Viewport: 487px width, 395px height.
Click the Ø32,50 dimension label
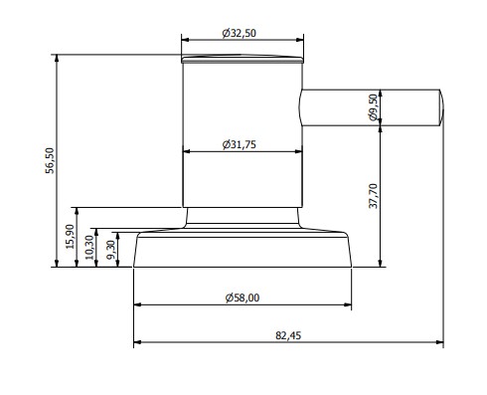[x=240, y=33]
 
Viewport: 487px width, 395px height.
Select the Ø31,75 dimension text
[x=240, y=144]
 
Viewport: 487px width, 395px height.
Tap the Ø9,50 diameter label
[x=373, y=107]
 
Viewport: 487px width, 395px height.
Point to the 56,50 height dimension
[x=50, y=160]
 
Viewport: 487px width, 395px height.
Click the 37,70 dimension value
[x=374, y=196]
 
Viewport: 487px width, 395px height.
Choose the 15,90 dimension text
[x=70, y=237]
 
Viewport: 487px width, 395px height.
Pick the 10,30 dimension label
[x=89, y=248]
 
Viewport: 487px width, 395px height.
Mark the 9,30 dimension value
[x=111, y=250]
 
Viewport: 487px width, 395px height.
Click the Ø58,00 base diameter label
[x=243, y=297]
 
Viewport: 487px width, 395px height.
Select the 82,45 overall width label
[x=288, y=335]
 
